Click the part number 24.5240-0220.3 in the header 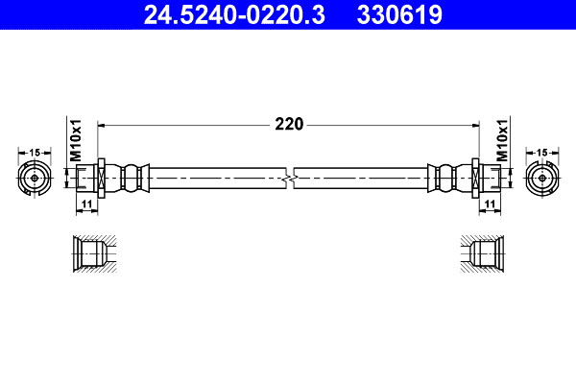234,14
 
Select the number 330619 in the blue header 399,14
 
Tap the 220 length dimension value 289,124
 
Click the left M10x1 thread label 76,139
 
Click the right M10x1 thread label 502,139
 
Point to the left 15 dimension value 35,152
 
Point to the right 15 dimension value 541,152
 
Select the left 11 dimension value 86,204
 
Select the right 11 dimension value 490,204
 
